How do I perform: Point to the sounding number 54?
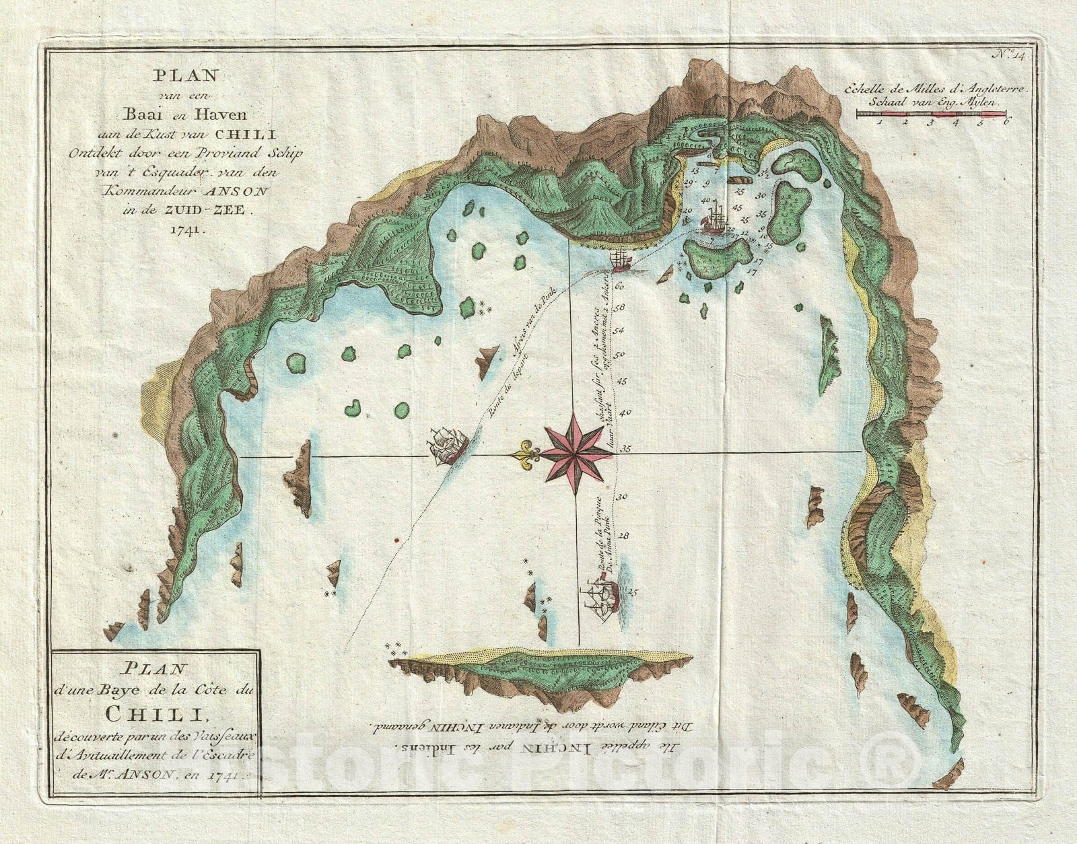619,330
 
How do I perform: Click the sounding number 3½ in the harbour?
765,174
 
